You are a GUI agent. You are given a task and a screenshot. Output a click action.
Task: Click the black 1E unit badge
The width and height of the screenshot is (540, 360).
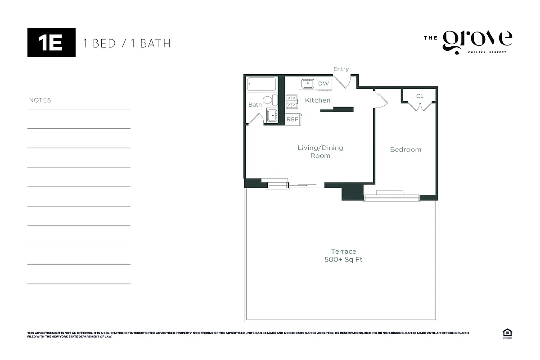[x=51, y=42]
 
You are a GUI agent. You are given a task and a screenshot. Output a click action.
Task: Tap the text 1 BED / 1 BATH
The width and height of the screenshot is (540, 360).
[x=127, y=43]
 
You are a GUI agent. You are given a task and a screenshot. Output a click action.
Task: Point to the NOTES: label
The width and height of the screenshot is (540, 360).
[x=41, y=100]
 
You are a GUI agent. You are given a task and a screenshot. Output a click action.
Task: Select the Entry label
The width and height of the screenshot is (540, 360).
[x=341, y=69]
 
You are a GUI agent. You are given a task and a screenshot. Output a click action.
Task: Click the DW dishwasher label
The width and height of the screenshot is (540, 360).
[x=324, y=84]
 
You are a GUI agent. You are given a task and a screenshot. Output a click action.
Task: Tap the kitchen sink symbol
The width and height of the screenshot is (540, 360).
[x=308, y=83]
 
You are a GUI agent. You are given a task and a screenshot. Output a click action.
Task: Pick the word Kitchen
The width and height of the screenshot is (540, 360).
[x=318, y=100]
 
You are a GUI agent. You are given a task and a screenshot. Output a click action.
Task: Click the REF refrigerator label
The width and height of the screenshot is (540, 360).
[x=292, y=119]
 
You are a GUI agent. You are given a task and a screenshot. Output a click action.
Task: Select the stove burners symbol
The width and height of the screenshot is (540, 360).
[x=292, y=101]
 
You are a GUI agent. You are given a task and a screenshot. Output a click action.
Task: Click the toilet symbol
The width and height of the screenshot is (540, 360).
[x=268, y=99]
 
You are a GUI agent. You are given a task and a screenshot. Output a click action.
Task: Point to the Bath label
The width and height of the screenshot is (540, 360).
[x=255, y=105]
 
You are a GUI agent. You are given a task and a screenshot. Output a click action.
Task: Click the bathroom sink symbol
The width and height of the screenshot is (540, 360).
[x=272, y=116]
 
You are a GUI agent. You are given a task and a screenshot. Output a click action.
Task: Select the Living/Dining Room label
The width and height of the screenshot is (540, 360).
[x=320, y=152]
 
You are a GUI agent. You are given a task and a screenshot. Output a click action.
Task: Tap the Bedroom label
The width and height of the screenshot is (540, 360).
[x=405, y=149]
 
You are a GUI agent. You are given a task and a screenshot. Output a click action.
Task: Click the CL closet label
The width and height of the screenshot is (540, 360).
[x=420, y=96]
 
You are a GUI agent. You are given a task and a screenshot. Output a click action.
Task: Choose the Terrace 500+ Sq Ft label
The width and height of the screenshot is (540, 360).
[x=343, y=256]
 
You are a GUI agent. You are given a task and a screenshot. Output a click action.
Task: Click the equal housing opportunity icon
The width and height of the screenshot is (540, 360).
[x=507, y=333]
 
